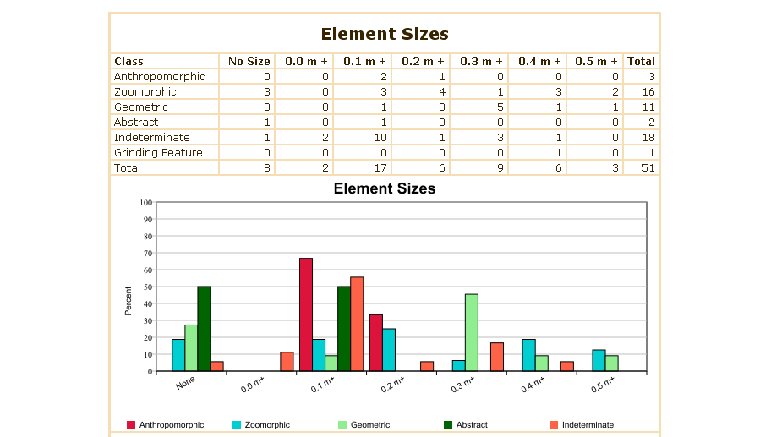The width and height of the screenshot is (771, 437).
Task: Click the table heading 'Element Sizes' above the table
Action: tap(385, 34)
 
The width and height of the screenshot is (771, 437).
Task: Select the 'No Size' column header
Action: tap(249, 61)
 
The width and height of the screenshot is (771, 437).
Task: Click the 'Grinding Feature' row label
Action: tap(158, 152)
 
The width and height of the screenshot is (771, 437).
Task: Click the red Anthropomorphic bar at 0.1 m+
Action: tap(306, 314)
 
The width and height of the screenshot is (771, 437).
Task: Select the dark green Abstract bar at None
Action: tap(204, 329)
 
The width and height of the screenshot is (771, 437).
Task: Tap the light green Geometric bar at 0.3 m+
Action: tap(472, 332)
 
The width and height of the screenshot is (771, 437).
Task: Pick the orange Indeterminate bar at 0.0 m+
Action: tap(287, 362)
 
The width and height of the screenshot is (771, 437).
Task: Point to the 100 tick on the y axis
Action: tap(145, 203)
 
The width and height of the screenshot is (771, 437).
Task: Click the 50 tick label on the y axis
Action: tap(147, 287)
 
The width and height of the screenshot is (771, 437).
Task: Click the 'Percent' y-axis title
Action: tap(128, 301)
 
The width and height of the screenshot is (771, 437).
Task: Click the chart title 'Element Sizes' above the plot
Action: tap(385, 188)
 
